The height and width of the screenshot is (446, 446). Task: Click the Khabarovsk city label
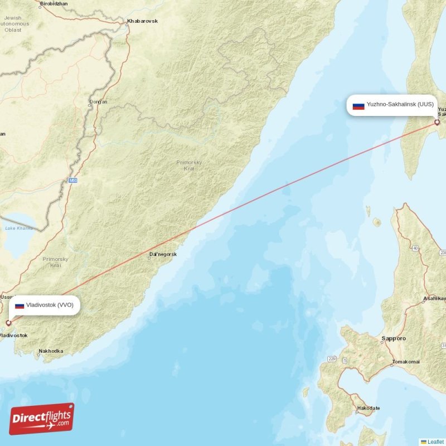click(142, 21)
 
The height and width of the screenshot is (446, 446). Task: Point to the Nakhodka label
click(51, 352)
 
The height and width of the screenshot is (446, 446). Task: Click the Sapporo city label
click(394, 338)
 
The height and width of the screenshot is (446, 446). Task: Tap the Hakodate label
click(369, 408)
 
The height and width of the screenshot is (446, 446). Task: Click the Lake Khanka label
click(18, 228)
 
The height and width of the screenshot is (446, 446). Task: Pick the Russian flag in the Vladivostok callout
click(20, 306)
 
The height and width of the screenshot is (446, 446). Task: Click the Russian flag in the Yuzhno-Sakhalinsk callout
click(358, 105)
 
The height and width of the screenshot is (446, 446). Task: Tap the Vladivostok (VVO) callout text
click(50, 305)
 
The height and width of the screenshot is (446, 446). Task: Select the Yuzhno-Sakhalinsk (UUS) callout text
click(400, 105)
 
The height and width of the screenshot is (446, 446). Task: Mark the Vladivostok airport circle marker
click(8, 323)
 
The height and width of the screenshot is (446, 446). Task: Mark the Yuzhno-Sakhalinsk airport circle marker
click(437, 122)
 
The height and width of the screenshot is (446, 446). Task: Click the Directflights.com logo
click(41, 419)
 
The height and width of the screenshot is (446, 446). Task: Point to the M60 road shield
click(73, 181)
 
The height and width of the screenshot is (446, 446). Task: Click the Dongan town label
click(98, 102)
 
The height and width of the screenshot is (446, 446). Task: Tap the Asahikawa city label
click(435, 299)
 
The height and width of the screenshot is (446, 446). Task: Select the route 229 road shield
click(332, 358)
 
